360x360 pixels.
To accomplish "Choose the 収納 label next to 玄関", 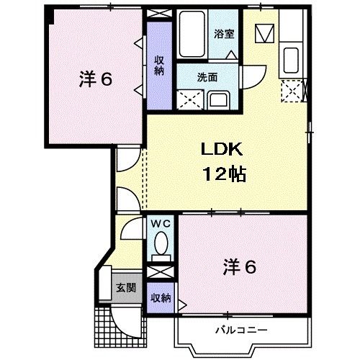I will pos(160,298).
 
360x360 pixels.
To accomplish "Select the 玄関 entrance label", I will pos(125,287).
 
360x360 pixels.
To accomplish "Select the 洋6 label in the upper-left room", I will pos(95,79).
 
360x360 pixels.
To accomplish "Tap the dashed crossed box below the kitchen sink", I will pos(292,90).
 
